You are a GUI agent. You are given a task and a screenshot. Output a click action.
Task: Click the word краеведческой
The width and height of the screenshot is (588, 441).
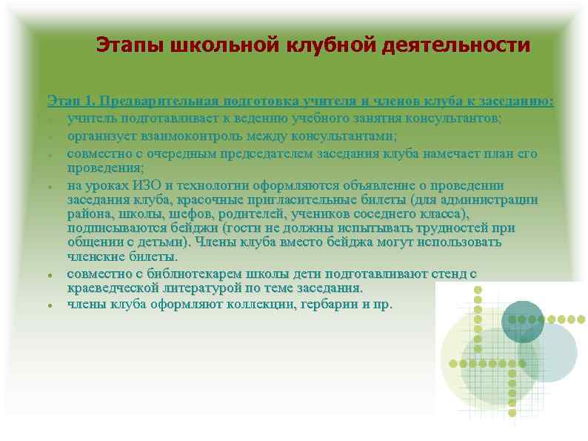(115, 288)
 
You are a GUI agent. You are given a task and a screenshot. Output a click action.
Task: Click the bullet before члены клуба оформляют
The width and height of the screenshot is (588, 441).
(49, 305)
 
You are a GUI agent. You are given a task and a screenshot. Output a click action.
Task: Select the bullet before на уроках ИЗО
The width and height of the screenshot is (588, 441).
(49, 186)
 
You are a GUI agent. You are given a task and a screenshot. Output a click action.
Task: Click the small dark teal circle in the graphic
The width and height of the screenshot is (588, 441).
(523, 321)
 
